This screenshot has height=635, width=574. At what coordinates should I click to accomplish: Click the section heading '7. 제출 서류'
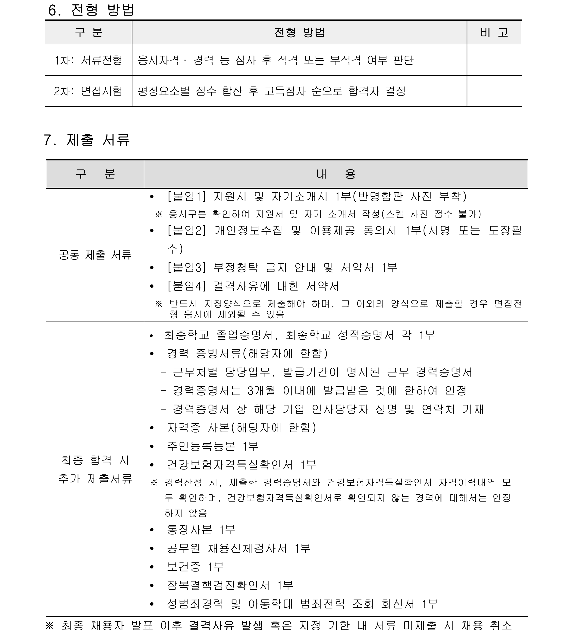[87, 140]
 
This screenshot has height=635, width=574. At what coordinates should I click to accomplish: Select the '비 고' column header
[494, 32]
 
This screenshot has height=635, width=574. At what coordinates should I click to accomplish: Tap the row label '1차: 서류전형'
[88, 60]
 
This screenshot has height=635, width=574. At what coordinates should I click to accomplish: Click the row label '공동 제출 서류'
[95, 255]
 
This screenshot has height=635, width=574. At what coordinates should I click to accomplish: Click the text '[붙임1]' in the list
[187, 197]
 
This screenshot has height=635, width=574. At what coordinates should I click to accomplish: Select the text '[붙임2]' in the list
[187, 231]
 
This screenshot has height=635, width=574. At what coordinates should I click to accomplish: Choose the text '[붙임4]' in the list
[187, 286]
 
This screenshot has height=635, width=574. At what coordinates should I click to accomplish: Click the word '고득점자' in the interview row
[285, 91]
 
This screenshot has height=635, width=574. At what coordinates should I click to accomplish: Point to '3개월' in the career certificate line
[261, 391]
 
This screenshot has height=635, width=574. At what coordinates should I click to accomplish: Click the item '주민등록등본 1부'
[212, 446]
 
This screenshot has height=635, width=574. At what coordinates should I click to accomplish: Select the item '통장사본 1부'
[201, 530]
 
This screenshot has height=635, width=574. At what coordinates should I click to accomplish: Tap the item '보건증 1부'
[195, 567]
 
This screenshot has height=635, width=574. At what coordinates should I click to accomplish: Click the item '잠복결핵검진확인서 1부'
[230, 585]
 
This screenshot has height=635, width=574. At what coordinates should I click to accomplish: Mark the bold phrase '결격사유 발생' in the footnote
[226, 625]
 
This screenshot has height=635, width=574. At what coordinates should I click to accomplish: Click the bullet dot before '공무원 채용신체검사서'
[152, 548]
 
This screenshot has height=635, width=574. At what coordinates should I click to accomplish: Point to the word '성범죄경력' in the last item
[195, 604]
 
